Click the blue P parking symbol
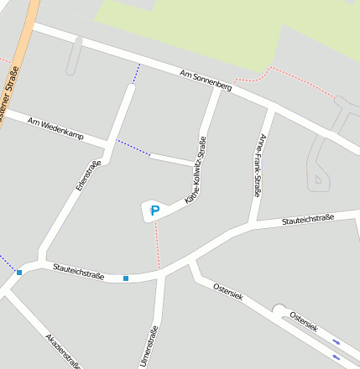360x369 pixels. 154,211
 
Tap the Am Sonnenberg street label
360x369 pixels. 205,81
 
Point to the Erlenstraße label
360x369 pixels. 87,177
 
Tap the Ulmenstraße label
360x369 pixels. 153,346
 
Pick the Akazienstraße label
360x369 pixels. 63,351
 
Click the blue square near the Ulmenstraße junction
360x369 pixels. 126,278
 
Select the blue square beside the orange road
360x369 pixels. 19,272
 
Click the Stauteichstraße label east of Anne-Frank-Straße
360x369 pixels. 308,220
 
